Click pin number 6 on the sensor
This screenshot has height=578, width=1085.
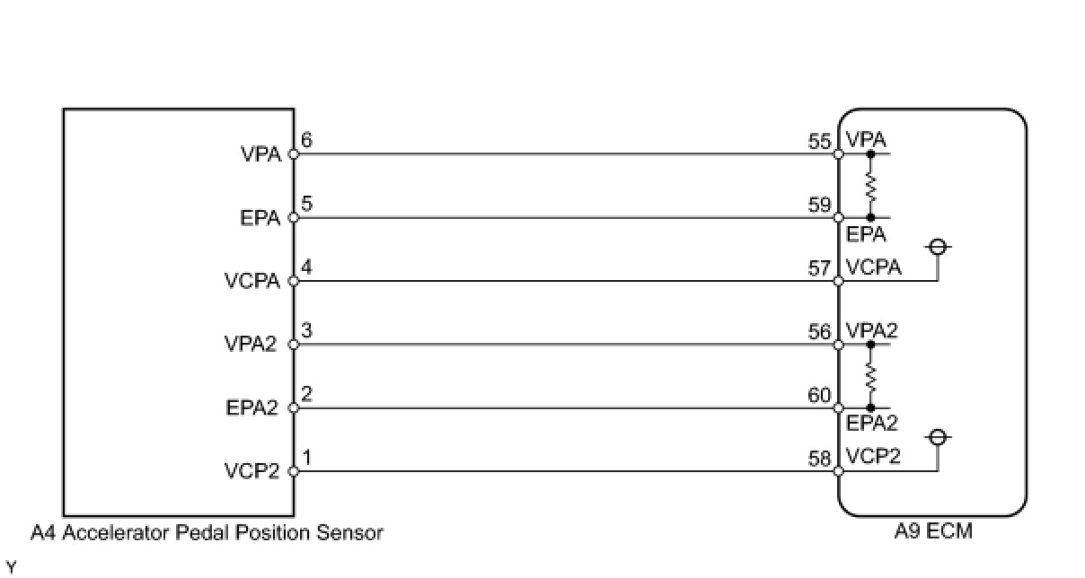pyautogui.click(x=307, y=141)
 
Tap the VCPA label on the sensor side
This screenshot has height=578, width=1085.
pyautogui.click(x=252, y=282)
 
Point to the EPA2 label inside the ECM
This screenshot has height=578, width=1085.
pyautogui.click(x=872, y=423)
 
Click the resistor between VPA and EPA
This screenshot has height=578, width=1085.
pyautogui.click(x=870, y=186)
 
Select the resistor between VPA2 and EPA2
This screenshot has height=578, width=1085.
pyautogui.click(x=870, y=376)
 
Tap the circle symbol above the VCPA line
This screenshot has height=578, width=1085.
pyautogui.click(x=938, y=247)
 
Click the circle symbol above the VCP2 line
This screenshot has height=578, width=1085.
pyautogui.click(x=938, y=437)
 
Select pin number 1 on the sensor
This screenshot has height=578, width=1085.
pyautogui.click(x=307, y=458)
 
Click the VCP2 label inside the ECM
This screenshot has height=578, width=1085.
pyautogui.click(x=872, y=456)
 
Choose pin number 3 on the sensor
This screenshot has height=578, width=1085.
pyautogui.click(x=307, y=331)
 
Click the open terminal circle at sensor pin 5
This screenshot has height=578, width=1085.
pyautogui.click(x=293, y=218)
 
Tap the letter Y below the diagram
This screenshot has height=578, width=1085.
pyautogui.click(x=10, y=566)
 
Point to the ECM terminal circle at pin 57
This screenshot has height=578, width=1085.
pyautogui.click(x=838, y=282)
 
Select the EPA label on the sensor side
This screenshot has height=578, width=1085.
pyautogui.click(x=260, y=218)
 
